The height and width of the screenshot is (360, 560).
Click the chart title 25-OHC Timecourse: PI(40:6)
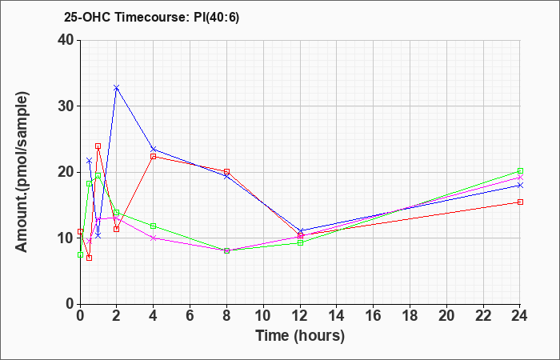pyautogui.click(x=151, y=17)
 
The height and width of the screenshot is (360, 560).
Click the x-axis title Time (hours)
pyautogui.click(x=300, y=336)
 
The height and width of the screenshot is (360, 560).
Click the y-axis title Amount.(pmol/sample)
pyautogui.click(x=22, y=172)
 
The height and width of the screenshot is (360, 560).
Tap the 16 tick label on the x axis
pyautogui.click(x=374, y=315)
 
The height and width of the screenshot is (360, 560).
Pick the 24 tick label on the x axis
pyautogui.click(x=520, y=315)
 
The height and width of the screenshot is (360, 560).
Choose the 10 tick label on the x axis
pyautogui.click(x=263, y=315)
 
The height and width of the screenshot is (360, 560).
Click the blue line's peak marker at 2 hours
pyautogui.click(x=117, y=87)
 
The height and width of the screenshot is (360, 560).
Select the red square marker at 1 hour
pyautogui.click(x=98, y=146)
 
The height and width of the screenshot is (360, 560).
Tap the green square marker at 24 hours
pyautogui.click(x=520, y=170)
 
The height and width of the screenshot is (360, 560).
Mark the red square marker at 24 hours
pyautogui.click(x=520, y=202)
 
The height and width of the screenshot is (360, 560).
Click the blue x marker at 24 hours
pyautogui.click(x=520, y=185)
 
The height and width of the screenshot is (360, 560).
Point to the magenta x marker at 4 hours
pyautogui.click(x=154, y=238)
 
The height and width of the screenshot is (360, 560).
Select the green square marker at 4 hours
pyautogui.click(x=154, y=226)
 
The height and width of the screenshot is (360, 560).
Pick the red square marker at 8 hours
pyautogui.click(x=226, y=171)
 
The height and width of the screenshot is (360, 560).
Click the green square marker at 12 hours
pyautogui.click(x=300, y=242)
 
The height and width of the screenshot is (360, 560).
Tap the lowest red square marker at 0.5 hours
pyautogui.click(x=90, y=258)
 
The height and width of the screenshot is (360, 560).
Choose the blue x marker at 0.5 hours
pyautogui.click(x=90, y=161)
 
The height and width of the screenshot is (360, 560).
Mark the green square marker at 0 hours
pyautogui.click(x=80, y=254)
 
